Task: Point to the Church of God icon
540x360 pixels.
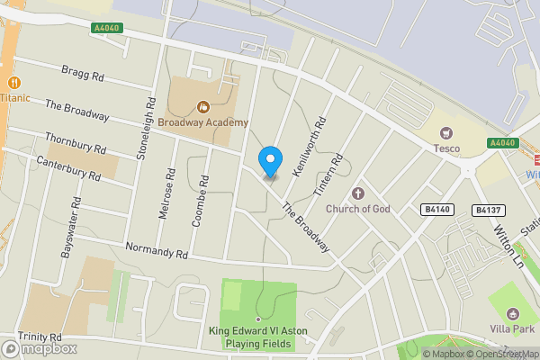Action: point(358,193)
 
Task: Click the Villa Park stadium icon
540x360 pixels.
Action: point(513,313)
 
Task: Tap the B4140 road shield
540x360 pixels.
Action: point(437,210)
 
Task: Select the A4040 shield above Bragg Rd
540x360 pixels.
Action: point(106,29)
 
